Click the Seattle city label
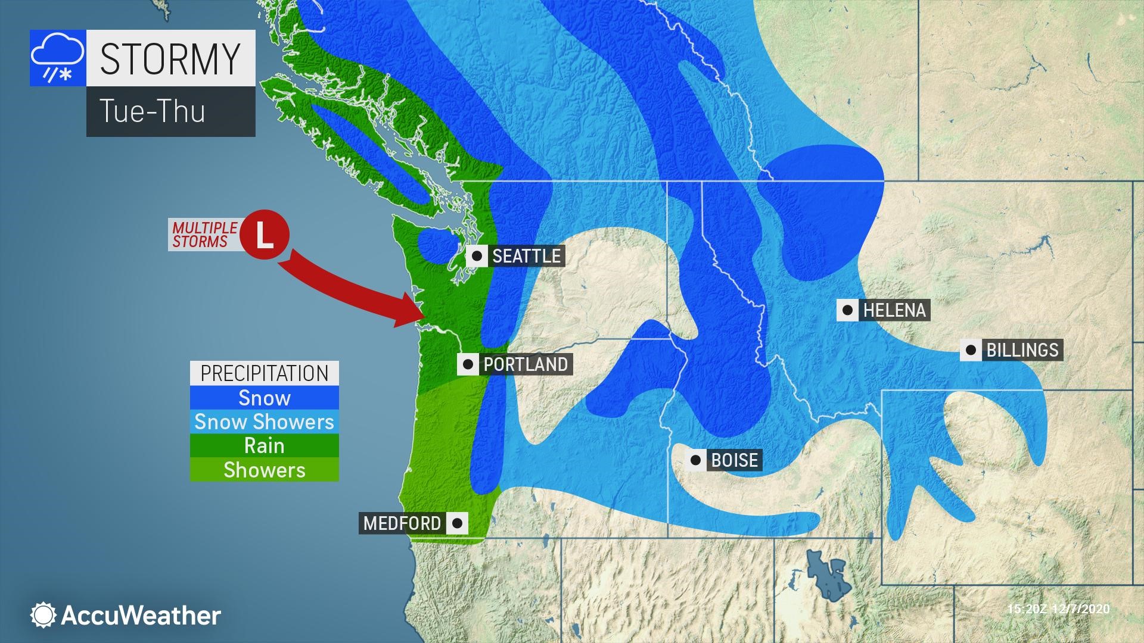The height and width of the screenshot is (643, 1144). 526,256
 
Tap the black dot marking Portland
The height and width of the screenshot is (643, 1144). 468,364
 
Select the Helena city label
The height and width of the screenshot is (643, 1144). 894,310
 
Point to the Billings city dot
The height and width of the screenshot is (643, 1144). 971,350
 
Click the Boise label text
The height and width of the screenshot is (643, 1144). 735,460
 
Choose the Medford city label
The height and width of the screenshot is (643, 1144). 402,523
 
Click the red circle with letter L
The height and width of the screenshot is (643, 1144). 265,235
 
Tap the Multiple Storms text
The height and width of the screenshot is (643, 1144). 204,235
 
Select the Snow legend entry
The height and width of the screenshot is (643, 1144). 265,398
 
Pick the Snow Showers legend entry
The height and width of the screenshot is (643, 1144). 265,422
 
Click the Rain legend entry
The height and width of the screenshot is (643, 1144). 265,445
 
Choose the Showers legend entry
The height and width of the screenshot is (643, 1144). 265,470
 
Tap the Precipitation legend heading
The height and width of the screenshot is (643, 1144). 265,373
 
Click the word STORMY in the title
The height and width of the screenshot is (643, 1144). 170,58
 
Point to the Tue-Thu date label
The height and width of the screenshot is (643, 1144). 153,111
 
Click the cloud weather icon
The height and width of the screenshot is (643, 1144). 58,58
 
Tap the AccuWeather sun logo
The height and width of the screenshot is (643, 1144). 43,615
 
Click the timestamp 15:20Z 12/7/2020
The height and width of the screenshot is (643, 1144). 1058,608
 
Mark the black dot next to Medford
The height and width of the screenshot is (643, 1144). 457,523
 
